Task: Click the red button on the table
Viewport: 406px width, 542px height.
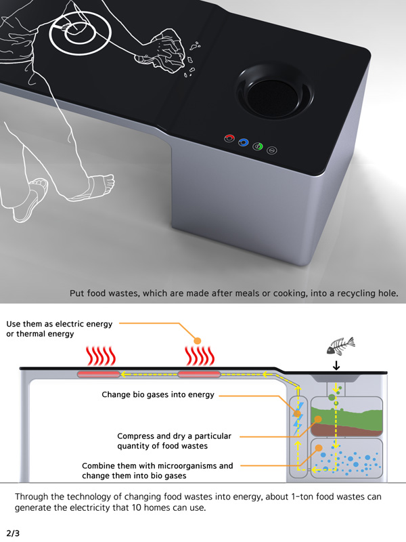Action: click(229, 138)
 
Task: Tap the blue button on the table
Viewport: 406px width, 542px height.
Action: click(244, 142)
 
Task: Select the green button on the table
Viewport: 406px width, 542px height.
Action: click(258, 146)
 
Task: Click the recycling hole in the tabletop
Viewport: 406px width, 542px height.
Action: click(275, 91)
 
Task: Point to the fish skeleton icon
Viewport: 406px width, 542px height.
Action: click(341, 346)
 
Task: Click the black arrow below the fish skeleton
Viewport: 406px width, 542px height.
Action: click(336, 366)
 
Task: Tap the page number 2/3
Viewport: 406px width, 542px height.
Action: click(13, 533)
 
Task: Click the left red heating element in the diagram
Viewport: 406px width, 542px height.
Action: click(98, 374)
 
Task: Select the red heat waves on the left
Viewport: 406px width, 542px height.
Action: click(100, 356)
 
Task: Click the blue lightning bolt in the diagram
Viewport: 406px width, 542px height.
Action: click(298, 419)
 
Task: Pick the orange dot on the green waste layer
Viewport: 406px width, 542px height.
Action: click(318, 419)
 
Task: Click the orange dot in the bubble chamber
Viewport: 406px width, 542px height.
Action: click(318, 449)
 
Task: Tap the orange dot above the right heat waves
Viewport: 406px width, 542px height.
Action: click(198, 341)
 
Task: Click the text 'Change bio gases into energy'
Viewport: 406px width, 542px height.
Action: click(158, 395)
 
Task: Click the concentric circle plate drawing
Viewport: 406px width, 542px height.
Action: click(80, 33)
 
